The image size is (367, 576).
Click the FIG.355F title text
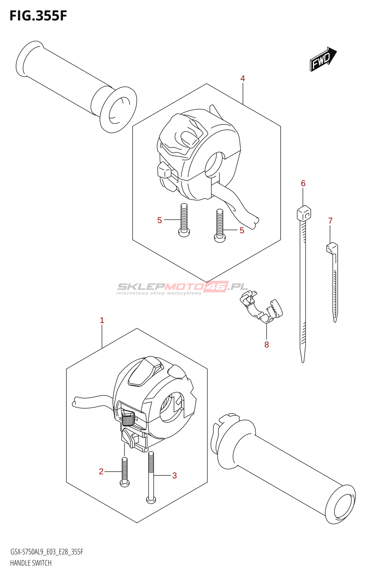[38, 16]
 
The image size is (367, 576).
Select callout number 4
[243, 78]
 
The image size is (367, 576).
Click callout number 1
[102, 320]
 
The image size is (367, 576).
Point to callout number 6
[303, 184]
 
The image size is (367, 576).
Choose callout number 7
[330, 220]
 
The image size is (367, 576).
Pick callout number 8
[267, 345]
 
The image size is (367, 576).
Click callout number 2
[101, 471]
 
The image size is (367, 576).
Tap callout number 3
[175, 475]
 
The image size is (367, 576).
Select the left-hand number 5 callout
[159, 220]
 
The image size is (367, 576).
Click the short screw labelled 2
[124, 472]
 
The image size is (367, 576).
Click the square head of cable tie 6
[304, 213]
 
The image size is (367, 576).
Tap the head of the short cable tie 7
[331, 248]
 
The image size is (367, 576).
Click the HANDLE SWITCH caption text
[31, 563]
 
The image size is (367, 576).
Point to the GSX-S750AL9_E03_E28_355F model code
[46, 552]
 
